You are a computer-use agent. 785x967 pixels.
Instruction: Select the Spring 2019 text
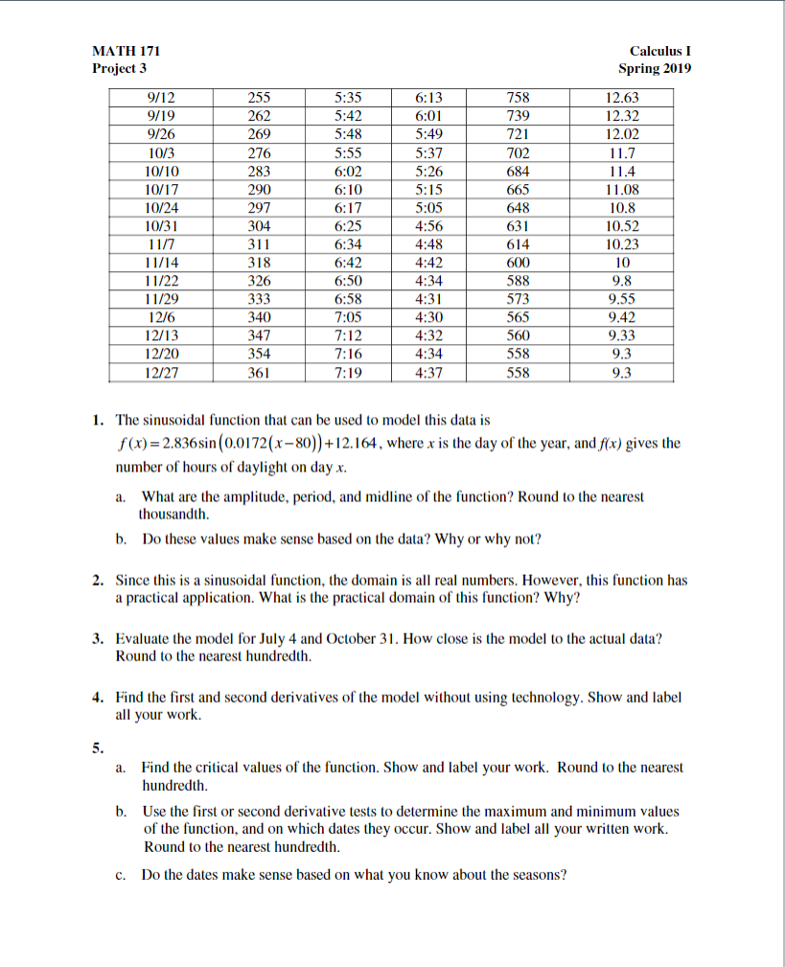point(655,69)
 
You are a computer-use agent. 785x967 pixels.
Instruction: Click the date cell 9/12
point(164,98)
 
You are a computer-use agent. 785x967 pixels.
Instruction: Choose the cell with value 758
point(518,98)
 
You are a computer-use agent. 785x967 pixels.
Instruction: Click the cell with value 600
point(518,263)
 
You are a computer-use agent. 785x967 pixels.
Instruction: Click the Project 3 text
point(120,69)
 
